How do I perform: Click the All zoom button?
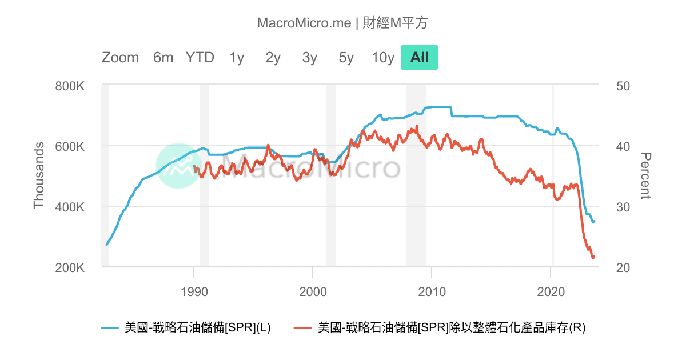point(419,58)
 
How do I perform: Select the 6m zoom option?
point(163,58)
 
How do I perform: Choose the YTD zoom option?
point(200,58)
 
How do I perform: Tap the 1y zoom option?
point(237,58)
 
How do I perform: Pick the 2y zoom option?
point(273,58)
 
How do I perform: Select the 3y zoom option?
point(310,58)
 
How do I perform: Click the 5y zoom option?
point(346,58)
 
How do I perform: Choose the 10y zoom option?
point(383,58)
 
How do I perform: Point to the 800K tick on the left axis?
point(70,86)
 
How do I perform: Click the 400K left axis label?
point(70,207)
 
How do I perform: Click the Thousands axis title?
point(39,176)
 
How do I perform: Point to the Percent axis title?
point(646,176)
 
